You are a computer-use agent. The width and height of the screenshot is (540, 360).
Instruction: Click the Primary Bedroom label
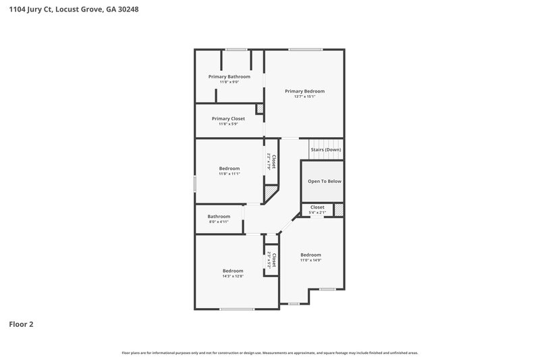click(x=304, y=91)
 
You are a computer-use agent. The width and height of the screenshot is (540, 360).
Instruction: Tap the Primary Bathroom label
click(x=229, y=77)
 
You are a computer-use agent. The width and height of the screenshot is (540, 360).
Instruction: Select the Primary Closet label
click(x=228, y=118)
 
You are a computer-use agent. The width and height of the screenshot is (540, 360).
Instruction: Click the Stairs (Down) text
click(x=325, y=149)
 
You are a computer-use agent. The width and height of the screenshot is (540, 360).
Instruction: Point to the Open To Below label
click(x=325, y=181)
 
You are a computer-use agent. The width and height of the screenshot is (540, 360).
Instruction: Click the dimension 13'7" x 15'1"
click(x=304, y=97)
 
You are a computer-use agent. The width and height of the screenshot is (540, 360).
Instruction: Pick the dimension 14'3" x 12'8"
click(x=232, y=276)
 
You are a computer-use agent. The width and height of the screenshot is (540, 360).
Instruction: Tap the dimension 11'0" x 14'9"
click(x=310, y=260)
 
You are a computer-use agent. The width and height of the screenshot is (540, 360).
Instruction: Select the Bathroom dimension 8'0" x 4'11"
click(x=219, y=222)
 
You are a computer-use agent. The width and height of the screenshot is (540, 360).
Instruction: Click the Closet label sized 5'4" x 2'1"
click(x=317, y=207)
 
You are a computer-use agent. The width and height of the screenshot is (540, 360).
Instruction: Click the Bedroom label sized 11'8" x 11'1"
click(x=229, y=168)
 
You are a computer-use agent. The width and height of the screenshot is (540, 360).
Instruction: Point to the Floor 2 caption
click(x=21, y=324)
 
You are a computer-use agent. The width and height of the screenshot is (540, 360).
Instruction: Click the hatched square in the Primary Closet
click(x=259, y=109)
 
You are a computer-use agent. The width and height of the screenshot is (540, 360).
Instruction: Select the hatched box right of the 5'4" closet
click(x=339, y=210)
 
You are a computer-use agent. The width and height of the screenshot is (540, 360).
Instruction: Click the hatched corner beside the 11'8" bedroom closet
click(x=270, y=193)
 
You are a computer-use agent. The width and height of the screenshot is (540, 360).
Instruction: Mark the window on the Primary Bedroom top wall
click(x=305, y=49)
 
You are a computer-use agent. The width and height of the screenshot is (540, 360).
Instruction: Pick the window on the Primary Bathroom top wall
click(x=235, y=49)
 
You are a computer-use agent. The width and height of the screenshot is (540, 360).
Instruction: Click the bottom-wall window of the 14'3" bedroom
click(x=237, y=309)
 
